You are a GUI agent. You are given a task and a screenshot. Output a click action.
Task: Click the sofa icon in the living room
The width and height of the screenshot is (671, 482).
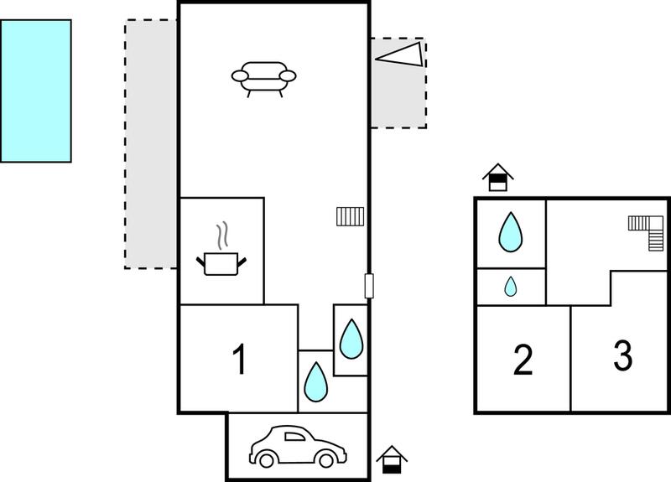tap(263, 78)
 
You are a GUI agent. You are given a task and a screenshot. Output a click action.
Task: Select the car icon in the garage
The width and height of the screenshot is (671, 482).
tap(298, 446)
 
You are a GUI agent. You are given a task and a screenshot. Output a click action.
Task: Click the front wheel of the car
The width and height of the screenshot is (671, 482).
tap(326, 459)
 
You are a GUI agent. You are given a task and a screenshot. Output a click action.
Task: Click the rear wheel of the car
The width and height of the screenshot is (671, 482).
tap(266, 459)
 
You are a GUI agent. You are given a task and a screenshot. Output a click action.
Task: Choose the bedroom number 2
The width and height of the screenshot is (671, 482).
tap(523, 360)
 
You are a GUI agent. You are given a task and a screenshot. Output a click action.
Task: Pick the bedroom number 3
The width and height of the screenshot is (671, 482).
tap(622, 355)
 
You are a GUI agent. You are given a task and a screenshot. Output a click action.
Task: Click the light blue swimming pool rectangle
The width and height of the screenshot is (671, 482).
tap(36, 91)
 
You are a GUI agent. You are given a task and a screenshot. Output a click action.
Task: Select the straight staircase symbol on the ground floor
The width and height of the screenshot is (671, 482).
tap(350, 216)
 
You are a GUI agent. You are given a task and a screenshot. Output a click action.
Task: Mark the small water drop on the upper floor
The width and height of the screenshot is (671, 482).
tap(511, 287)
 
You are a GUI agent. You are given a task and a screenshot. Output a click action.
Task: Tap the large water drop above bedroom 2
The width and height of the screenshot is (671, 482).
tap(511, 232)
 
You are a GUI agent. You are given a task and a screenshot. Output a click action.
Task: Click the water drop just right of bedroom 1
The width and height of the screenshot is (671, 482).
tap(316, 382)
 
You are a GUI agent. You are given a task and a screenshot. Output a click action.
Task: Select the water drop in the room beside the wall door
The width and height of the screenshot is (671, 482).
tap(351, 339)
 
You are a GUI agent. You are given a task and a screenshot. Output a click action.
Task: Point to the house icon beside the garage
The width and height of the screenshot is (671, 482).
tap(392, 459)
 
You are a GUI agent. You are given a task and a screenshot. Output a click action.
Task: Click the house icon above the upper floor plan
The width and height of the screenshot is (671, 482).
tap(498, 177)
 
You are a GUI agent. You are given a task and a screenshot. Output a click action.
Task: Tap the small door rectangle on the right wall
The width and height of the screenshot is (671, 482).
tap(369, 286)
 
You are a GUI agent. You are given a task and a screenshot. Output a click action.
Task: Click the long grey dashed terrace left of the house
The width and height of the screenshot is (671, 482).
tap(151, 144)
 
